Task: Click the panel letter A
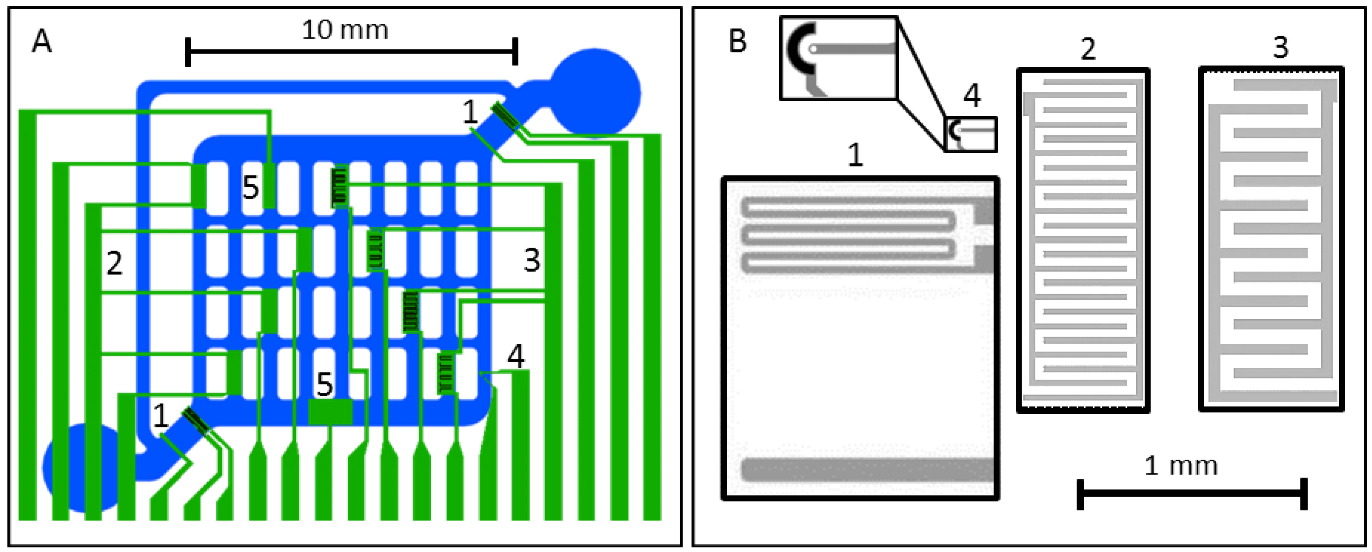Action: pos(42,42)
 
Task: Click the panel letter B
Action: pos(737,42)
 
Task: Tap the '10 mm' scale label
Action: pos(345,30)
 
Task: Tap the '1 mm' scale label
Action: pos(1180,466)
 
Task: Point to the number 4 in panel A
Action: pos(516,356)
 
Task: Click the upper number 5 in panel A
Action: pos(250,188)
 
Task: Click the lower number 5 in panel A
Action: pos(324,384)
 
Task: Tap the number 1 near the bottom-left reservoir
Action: pos(160,416)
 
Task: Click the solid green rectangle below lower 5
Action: pos(330,412)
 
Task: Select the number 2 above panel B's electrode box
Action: pos(1088,49)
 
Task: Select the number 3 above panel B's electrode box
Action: pos(1281,48)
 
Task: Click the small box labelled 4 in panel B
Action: pos(970,134)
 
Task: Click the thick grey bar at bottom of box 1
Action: pos(866,470)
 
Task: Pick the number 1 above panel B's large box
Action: pos(855,156)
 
